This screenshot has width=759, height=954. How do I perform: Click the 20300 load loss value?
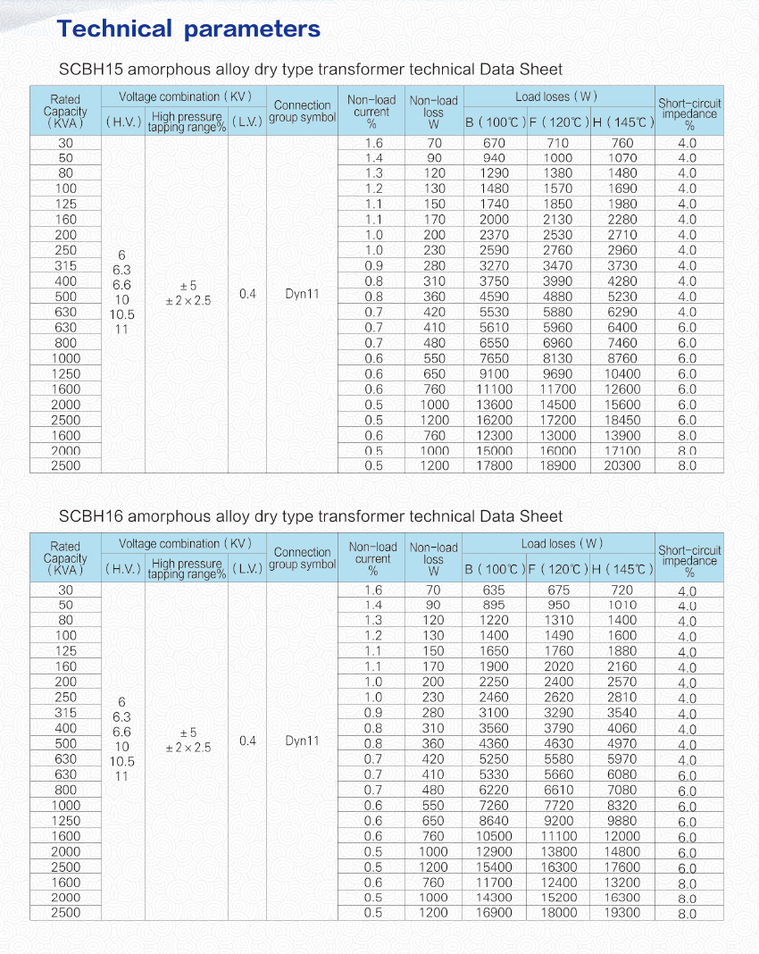tap(622, 465)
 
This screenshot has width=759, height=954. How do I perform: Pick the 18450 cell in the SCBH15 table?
tap(622, 420)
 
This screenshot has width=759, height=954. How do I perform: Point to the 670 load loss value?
tap(494, 143)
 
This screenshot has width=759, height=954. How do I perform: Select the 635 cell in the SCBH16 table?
tap(494, 590)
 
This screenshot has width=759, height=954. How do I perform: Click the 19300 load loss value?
tap(622, 912)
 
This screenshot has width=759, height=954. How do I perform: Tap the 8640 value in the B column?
tap(494, 820)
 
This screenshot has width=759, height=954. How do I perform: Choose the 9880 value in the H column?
tap(622, 820)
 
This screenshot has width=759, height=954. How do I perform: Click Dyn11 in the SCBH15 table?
tap(302, 293)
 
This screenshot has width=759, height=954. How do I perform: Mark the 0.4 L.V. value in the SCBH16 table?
tap(247, 741)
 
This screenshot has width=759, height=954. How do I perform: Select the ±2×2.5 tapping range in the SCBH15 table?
tap(188, 301)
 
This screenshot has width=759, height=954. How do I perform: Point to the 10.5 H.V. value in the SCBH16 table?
tap(122, 762)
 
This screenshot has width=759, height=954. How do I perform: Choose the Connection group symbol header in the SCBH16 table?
tap(302, 558)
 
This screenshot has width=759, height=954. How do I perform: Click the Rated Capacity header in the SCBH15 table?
tap(65, 112)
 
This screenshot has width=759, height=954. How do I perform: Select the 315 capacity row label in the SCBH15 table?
tap(65, 265)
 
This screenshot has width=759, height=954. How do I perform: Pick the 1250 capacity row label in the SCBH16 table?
tap(65, 820)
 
